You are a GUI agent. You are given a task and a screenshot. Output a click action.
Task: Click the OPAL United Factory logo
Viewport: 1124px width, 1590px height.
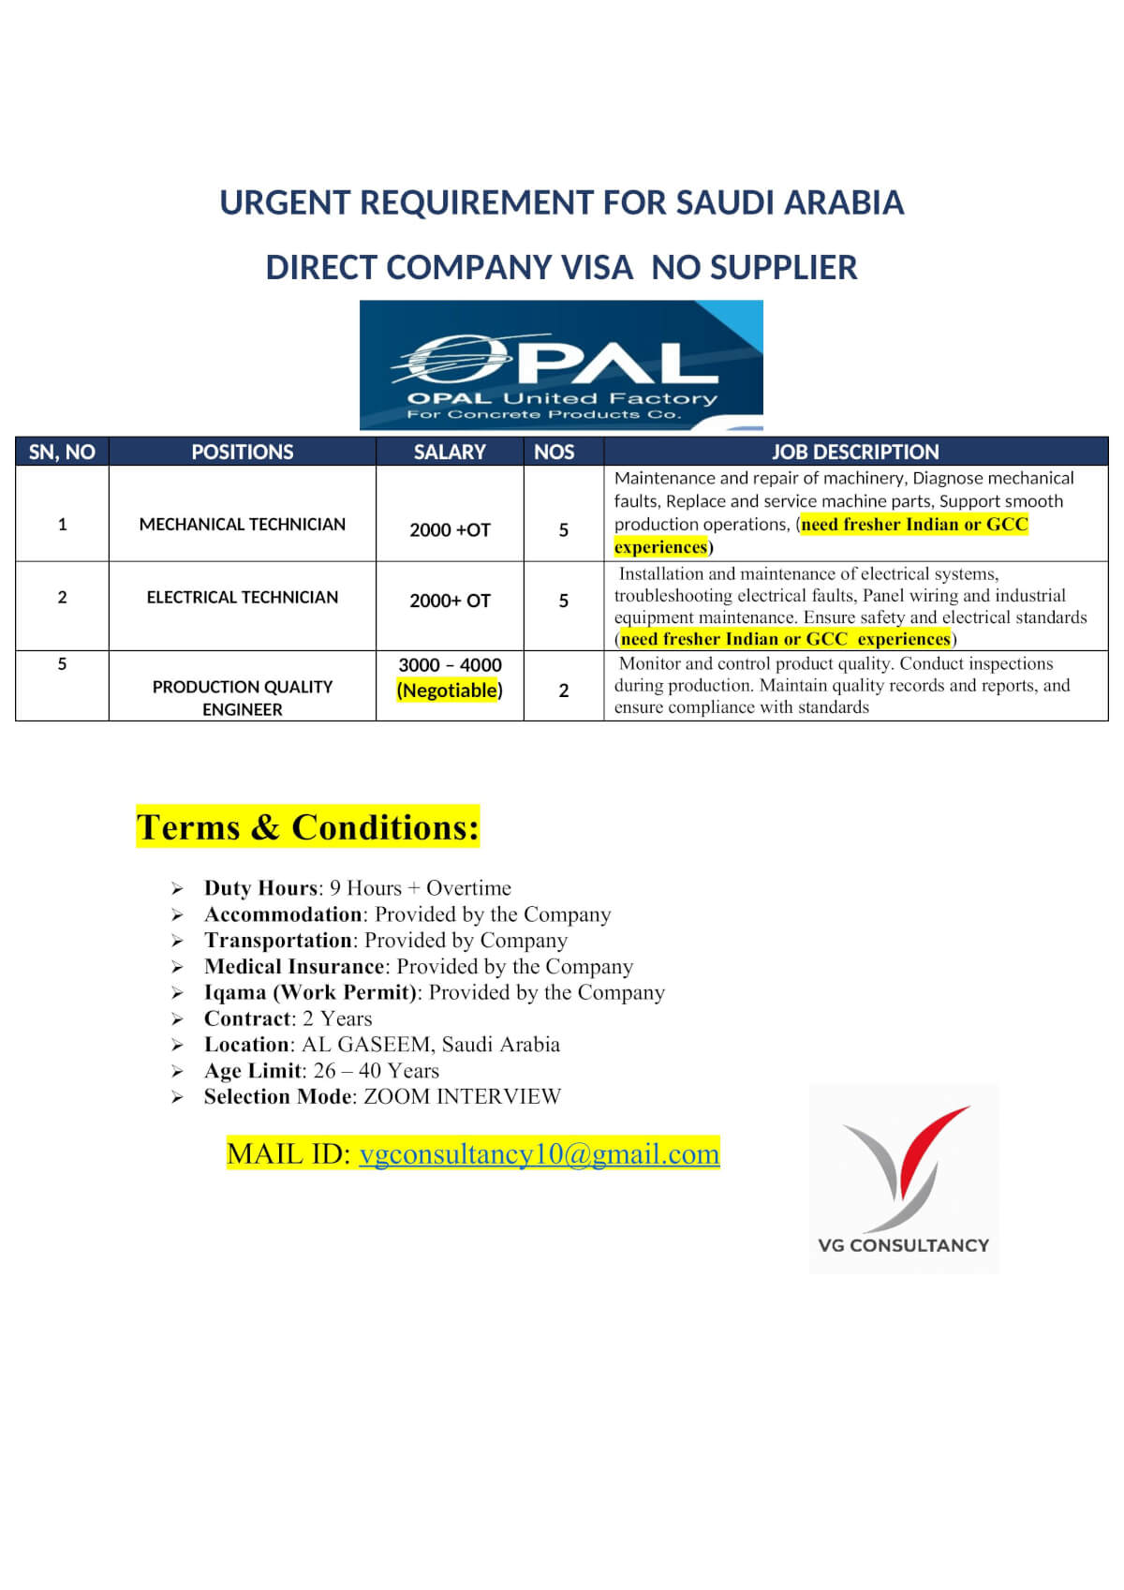(561, 364)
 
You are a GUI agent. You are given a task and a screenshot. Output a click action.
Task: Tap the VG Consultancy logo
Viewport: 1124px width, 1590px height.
(904, 1178)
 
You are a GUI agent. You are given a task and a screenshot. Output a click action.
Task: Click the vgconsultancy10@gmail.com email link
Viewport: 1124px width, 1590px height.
(539, 1153)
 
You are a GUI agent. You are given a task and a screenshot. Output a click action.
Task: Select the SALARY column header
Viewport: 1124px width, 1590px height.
(450, 452)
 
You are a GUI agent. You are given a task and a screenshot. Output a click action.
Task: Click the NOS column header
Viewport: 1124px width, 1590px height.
(554, 452)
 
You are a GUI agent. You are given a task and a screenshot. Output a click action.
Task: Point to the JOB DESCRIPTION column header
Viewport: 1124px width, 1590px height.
(854, 452)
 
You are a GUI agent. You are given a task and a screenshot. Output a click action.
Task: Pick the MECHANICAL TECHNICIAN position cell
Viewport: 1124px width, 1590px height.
(242, 524)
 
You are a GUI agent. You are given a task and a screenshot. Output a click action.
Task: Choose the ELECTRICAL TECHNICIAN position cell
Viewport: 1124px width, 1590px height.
(242, 597)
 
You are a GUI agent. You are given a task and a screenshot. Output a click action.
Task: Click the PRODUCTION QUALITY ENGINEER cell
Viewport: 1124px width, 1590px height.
(242, 697)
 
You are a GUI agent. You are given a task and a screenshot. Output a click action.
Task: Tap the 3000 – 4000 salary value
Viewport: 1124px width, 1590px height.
(450, 664)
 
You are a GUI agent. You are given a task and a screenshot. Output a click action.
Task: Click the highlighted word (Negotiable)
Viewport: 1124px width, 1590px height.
(450, 691)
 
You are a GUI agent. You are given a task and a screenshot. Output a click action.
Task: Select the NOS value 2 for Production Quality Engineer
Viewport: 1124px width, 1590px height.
(563, 691)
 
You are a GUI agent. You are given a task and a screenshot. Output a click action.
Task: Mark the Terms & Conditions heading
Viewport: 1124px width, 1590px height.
(307, 827)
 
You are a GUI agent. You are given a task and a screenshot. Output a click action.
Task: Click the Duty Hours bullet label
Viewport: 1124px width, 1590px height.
(260, 887)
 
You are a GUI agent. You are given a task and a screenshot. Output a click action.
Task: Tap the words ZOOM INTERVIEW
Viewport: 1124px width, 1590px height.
(462, 1096)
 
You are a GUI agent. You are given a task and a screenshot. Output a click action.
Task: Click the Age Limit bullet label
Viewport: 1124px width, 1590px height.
(253, 1070)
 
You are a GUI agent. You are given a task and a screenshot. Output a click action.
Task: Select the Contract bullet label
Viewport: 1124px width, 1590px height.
(248, 1018)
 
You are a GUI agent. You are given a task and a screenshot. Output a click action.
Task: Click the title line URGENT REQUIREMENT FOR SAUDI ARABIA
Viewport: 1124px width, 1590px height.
(561, 202)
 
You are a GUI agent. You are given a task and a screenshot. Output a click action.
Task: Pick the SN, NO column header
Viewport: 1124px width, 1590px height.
(62, 452)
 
